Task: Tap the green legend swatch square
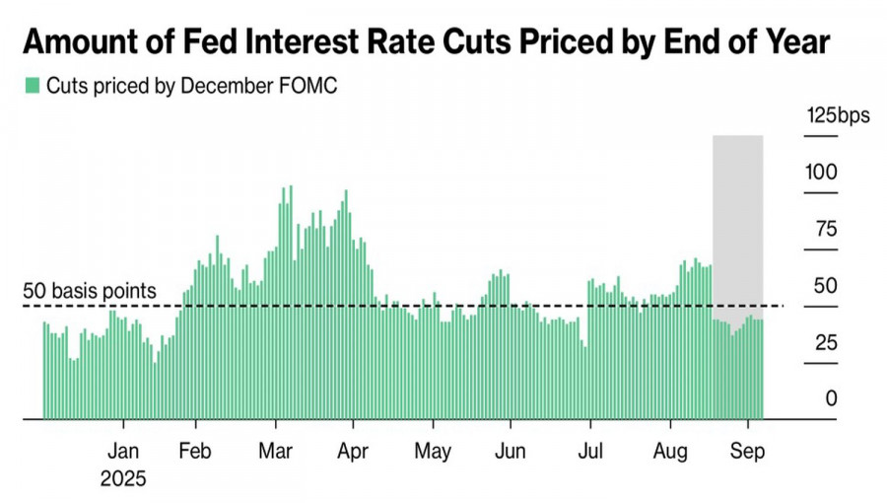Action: click(32, 86)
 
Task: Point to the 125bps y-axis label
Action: click(838, 115)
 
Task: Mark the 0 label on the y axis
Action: click(831, 399)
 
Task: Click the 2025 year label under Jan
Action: click(123, 479)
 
